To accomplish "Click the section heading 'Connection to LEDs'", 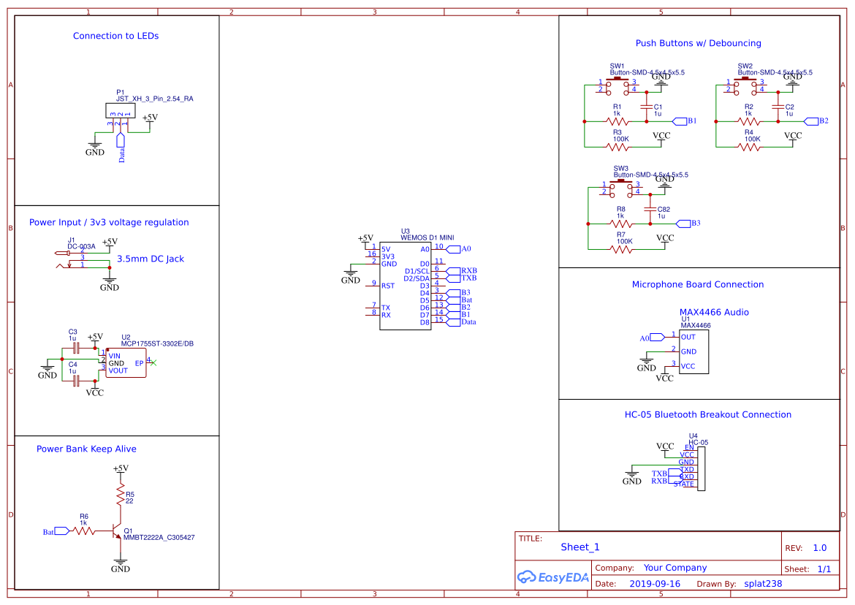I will point(115,36).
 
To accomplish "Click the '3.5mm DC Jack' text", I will point(151,259).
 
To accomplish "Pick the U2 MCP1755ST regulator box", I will point(126,363).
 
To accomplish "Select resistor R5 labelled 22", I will point(121,497).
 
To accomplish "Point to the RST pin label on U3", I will point(387,286).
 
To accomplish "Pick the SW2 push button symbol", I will point(745,85).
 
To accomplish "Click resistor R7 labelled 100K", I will point(621,248).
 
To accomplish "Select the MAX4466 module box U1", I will point(693,351).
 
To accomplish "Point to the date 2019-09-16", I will point(654,584).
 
